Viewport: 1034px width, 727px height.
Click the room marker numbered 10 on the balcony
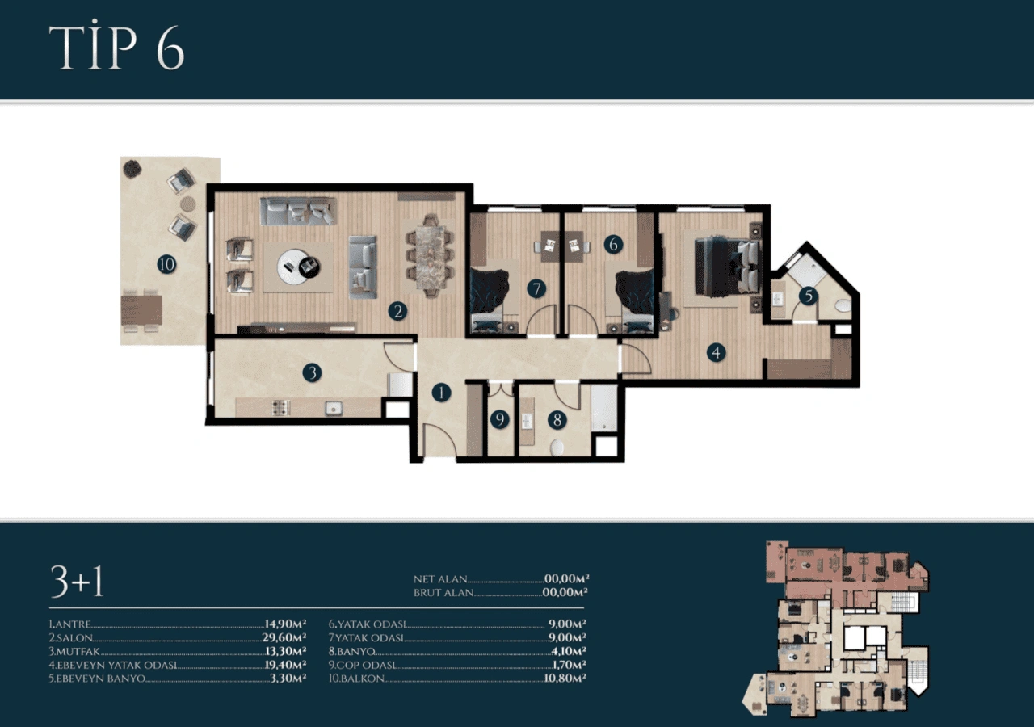(166, 264)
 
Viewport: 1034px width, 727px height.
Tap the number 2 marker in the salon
(397, 311)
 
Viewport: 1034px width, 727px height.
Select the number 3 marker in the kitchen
(312, 372)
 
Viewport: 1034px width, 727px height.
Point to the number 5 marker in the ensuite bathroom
(809, 296)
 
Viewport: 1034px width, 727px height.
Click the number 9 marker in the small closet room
(499, 419)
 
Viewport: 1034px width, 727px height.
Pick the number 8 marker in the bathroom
(557, 420)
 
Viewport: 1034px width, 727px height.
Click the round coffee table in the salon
(299, 267)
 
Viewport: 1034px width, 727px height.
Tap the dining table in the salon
(430, 256)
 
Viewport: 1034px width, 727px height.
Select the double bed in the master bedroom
(727, 267)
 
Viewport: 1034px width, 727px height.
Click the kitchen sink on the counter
(333, 408)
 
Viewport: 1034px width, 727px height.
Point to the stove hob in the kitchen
(280, 408)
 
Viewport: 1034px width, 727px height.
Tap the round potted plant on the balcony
(132, 169)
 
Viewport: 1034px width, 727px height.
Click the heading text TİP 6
(117, 45)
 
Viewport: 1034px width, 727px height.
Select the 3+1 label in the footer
(77, 582)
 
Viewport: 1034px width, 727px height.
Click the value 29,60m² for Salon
(284, 637)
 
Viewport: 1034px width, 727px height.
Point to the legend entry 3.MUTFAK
(74, 651)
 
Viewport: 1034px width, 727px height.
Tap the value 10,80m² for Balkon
(565, 678)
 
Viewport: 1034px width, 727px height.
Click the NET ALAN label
(440, 579)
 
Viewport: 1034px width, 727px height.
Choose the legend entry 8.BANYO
(351, 651)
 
